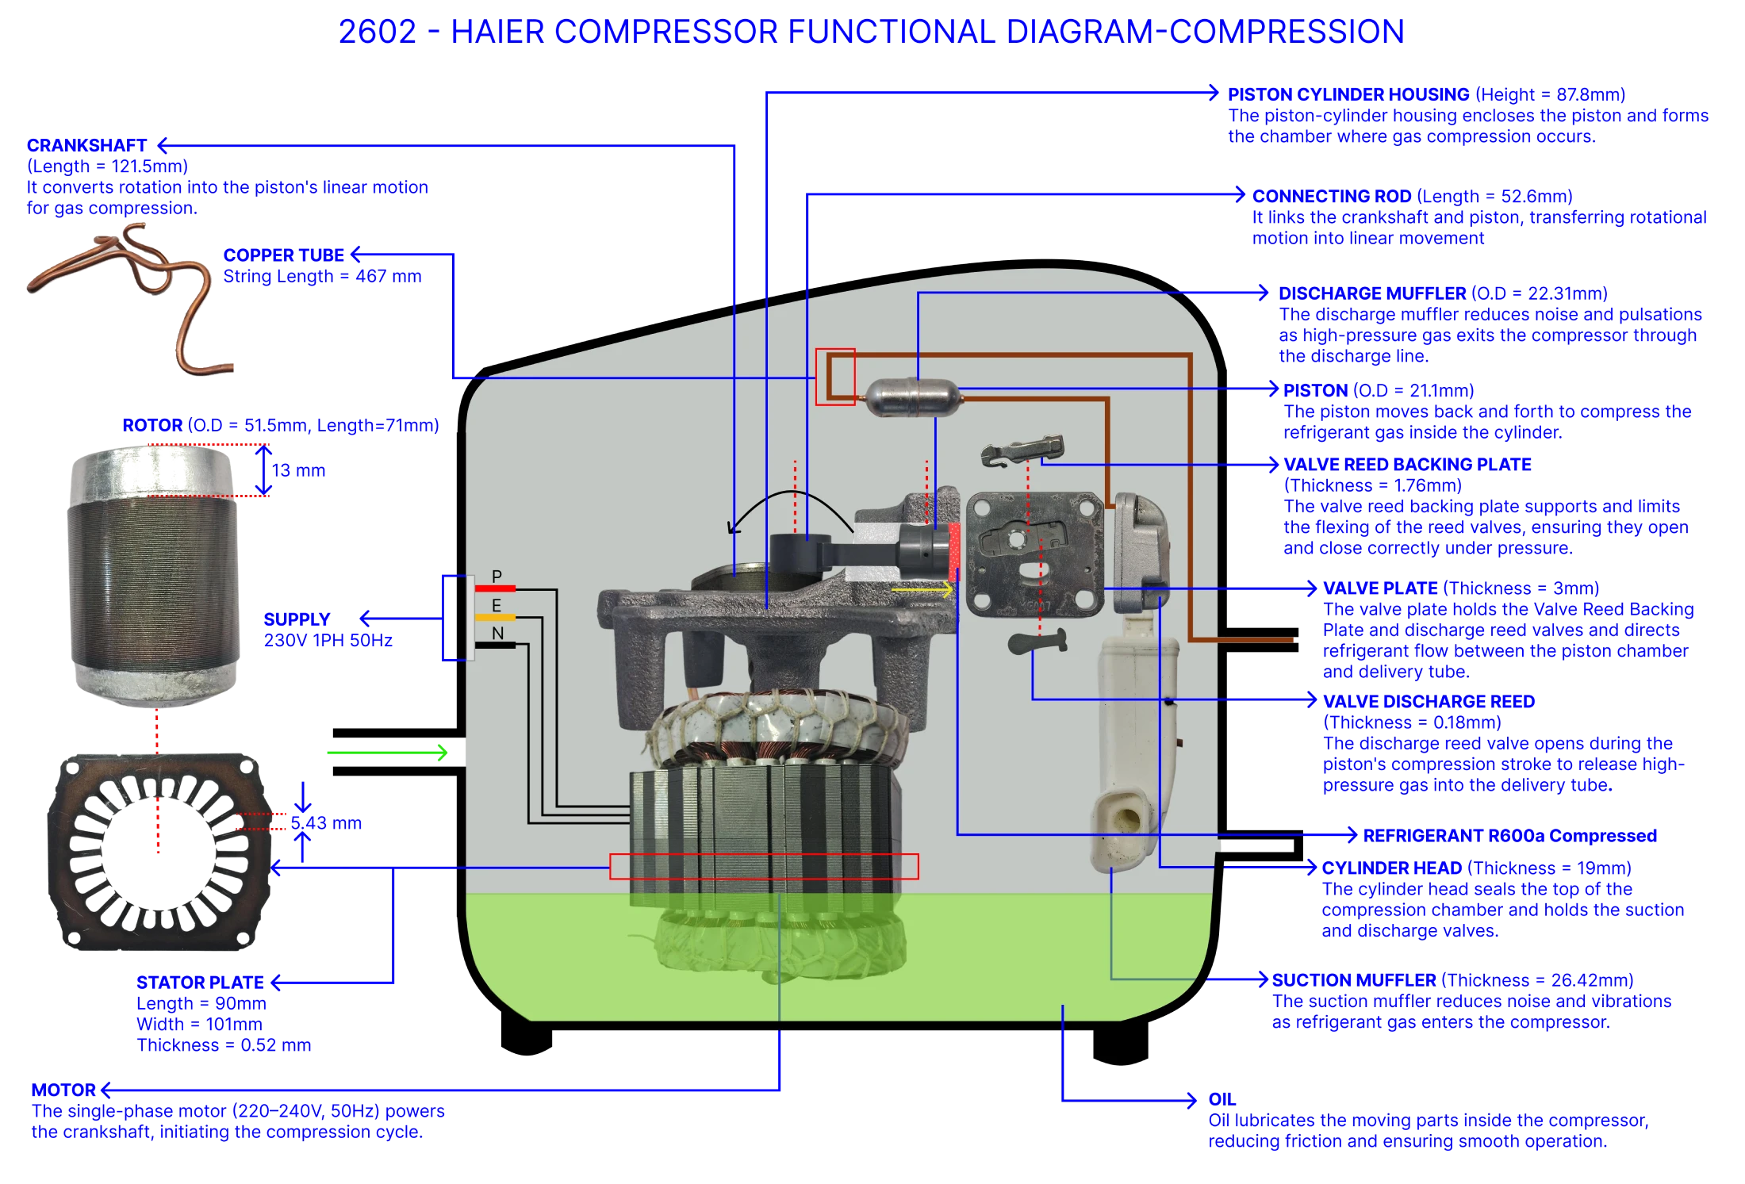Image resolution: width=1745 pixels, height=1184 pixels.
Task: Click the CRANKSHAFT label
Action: coord(86,146)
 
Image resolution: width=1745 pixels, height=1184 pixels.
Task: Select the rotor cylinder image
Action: coord(154,575)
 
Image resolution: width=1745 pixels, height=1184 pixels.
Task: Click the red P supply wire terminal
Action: coord(495,588)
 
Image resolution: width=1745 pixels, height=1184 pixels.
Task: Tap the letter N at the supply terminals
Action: coord(497,634)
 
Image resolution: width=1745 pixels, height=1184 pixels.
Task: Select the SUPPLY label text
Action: coord(297,619)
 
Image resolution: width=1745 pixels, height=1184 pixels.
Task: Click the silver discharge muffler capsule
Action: coord(911,396)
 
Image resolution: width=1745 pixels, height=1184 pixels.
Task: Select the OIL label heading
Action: coord(1221,1100)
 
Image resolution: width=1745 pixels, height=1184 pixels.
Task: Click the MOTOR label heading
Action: coord(63,1090)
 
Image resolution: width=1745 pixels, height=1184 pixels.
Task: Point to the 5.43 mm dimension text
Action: coord(326,823)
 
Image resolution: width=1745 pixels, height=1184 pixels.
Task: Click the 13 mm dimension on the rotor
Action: coord(298,471)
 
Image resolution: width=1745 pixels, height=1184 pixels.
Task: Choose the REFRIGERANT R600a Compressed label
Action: coord(1509,836)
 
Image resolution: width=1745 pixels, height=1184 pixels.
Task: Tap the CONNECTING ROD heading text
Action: coord(1332,196)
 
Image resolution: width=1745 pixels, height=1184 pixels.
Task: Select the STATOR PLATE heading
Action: coord(200,983)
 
